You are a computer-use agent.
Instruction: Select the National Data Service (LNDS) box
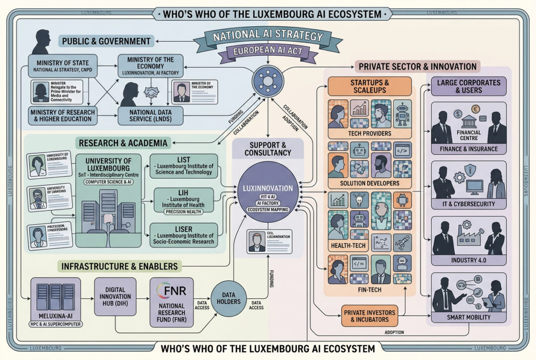point(150,115)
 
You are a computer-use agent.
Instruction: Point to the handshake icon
point(151,92)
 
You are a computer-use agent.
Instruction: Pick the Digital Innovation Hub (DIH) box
point(115,297)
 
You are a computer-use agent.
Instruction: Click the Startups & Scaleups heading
point(370,85)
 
